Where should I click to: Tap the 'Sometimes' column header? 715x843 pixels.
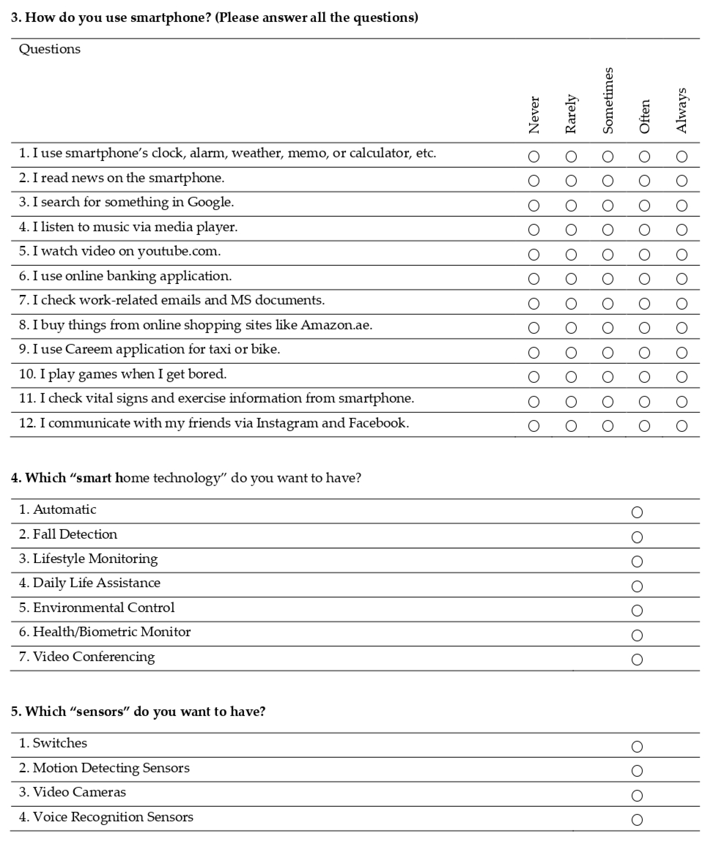[607, 100]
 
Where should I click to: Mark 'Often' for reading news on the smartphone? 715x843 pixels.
[644, 181]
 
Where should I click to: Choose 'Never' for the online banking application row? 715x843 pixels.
[534, 279]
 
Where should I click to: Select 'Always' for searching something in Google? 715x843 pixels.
[682, 205]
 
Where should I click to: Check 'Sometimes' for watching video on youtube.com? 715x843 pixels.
[607, 254]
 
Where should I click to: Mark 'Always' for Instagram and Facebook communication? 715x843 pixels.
[682, 426]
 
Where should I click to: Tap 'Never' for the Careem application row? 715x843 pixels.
[534, 353]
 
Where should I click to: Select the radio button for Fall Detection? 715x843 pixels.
[637, 537]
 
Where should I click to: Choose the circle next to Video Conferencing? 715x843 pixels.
[637, 659]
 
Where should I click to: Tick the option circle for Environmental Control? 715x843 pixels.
[637, 610]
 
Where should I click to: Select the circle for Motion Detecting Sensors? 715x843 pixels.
[637, 771]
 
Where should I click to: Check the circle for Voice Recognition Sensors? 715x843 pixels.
[637, 820]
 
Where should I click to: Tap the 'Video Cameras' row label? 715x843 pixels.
[79, 792]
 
